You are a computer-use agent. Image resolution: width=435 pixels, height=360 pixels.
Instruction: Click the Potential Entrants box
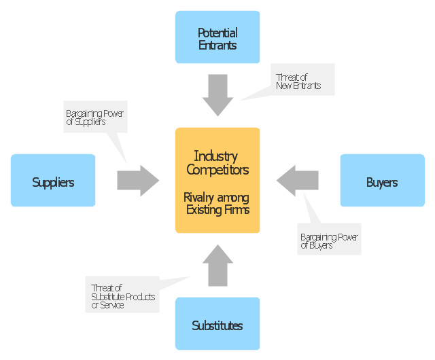click(217, 37)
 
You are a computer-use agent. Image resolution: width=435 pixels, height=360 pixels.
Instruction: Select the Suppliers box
click(53, 181)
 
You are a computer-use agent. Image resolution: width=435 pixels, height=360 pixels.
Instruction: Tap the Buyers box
click(382, 181)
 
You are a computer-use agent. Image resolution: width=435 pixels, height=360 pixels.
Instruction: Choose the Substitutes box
click(217, 324)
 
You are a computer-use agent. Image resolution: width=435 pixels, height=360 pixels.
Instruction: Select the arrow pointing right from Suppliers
click(137, 180)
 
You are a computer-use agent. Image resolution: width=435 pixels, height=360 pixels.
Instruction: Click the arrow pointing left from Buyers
click(298, 180)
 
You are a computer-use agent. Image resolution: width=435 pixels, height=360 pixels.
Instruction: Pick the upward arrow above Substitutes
click(217, 266)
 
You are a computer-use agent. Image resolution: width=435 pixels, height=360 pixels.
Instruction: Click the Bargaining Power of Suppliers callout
click(95, 118)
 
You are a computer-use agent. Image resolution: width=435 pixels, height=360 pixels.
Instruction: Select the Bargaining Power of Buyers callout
click(330, 241)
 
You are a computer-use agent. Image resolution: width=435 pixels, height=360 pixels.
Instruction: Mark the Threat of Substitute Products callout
click(122, 296)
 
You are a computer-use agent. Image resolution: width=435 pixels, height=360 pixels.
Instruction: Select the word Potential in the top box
click(217, 33)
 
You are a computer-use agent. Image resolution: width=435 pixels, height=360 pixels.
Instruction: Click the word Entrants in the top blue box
click(217, 46)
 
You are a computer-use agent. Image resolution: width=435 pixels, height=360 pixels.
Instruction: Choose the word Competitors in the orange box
click(217, 169)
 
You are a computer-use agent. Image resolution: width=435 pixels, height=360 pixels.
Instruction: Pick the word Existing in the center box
click(205, 210)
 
